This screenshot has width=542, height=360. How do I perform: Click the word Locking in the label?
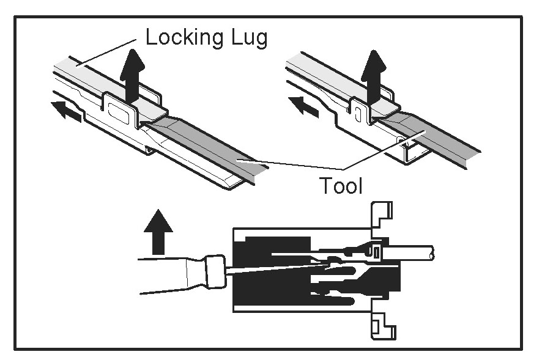[x=182, y=39]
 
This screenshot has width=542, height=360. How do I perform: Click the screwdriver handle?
[x=171, y=273]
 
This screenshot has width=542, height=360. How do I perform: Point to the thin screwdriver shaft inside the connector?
[x=275, y=268]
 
